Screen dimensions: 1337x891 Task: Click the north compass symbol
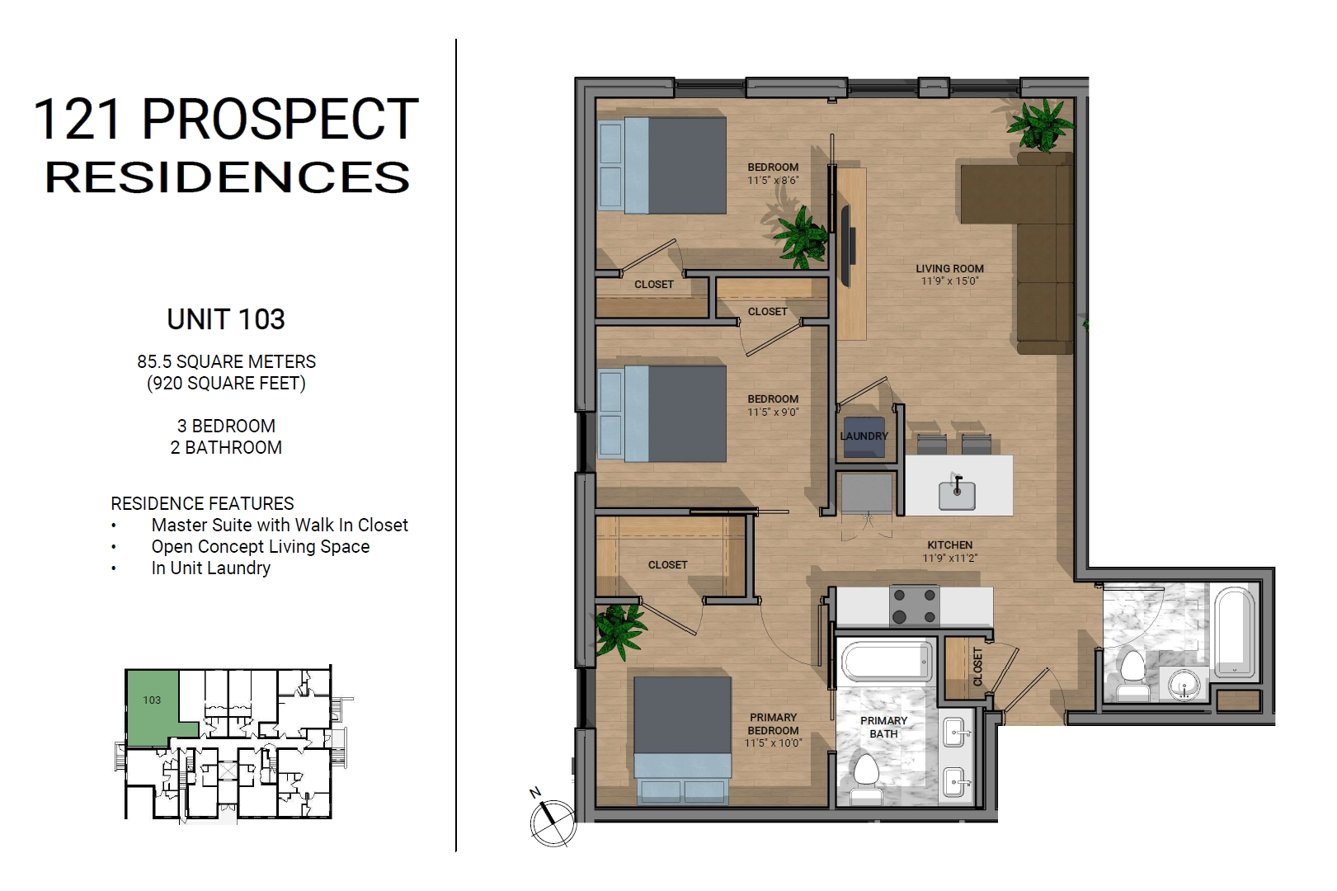tap(553, 821)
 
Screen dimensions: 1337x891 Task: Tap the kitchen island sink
tap(957, 495)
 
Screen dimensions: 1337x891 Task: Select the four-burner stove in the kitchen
tap(915, 606)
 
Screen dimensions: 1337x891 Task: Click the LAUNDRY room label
tap(864, 436)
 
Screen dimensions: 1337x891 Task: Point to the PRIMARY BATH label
tap(883, 727)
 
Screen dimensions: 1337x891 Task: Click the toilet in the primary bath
tap(865, 779)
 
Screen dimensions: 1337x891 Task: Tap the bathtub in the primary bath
tap(886, 662)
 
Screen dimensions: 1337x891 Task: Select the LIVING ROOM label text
tap(949, 269)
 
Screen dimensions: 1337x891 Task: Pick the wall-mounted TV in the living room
tap(847, 246)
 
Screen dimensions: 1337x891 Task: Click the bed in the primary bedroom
tap(682, 741)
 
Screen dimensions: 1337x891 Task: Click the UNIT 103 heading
tap(226, 319)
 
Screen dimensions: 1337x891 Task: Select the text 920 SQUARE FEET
tap(226, 383)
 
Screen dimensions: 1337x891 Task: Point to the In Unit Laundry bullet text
tap(210, 568)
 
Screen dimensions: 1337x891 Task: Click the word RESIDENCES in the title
tap(228, 177)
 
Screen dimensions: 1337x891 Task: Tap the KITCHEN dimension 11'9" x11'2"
tap(949, 559)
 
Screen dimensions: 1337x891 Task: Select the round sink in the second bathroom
tap(1184, 685)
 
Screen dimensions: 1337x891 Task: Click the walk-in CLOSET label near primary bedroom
tap(667, 565)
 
